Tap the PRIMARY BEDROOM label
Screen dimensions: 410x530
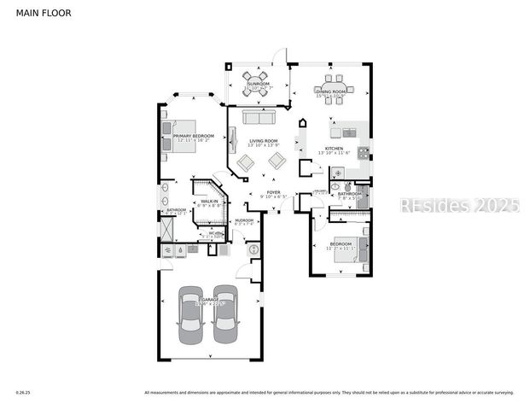click(193, 136)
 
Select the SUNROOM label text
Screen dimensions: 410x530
click(258, 84)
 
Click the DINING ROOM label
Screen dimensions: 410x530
click(330, 91)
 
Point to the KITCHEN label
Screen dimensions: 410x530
click(334, 149)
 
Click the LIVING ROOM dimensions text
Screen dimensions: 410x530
click(263, 145)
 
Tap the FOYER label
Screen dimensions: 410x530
click(273, 192)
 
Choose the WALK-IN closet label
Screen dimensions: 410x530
click(209, 201)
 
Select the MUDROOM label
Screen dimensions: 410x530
click(244, 220)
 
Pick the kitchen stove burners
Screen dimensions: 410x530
click(363, 154)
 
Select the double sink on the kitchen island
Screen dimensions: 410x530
click(348, 132)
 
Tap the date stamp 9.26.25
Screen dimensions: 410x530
click(22, 393)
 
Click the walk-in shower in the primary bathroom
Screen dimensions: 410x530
click(167, 229)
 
